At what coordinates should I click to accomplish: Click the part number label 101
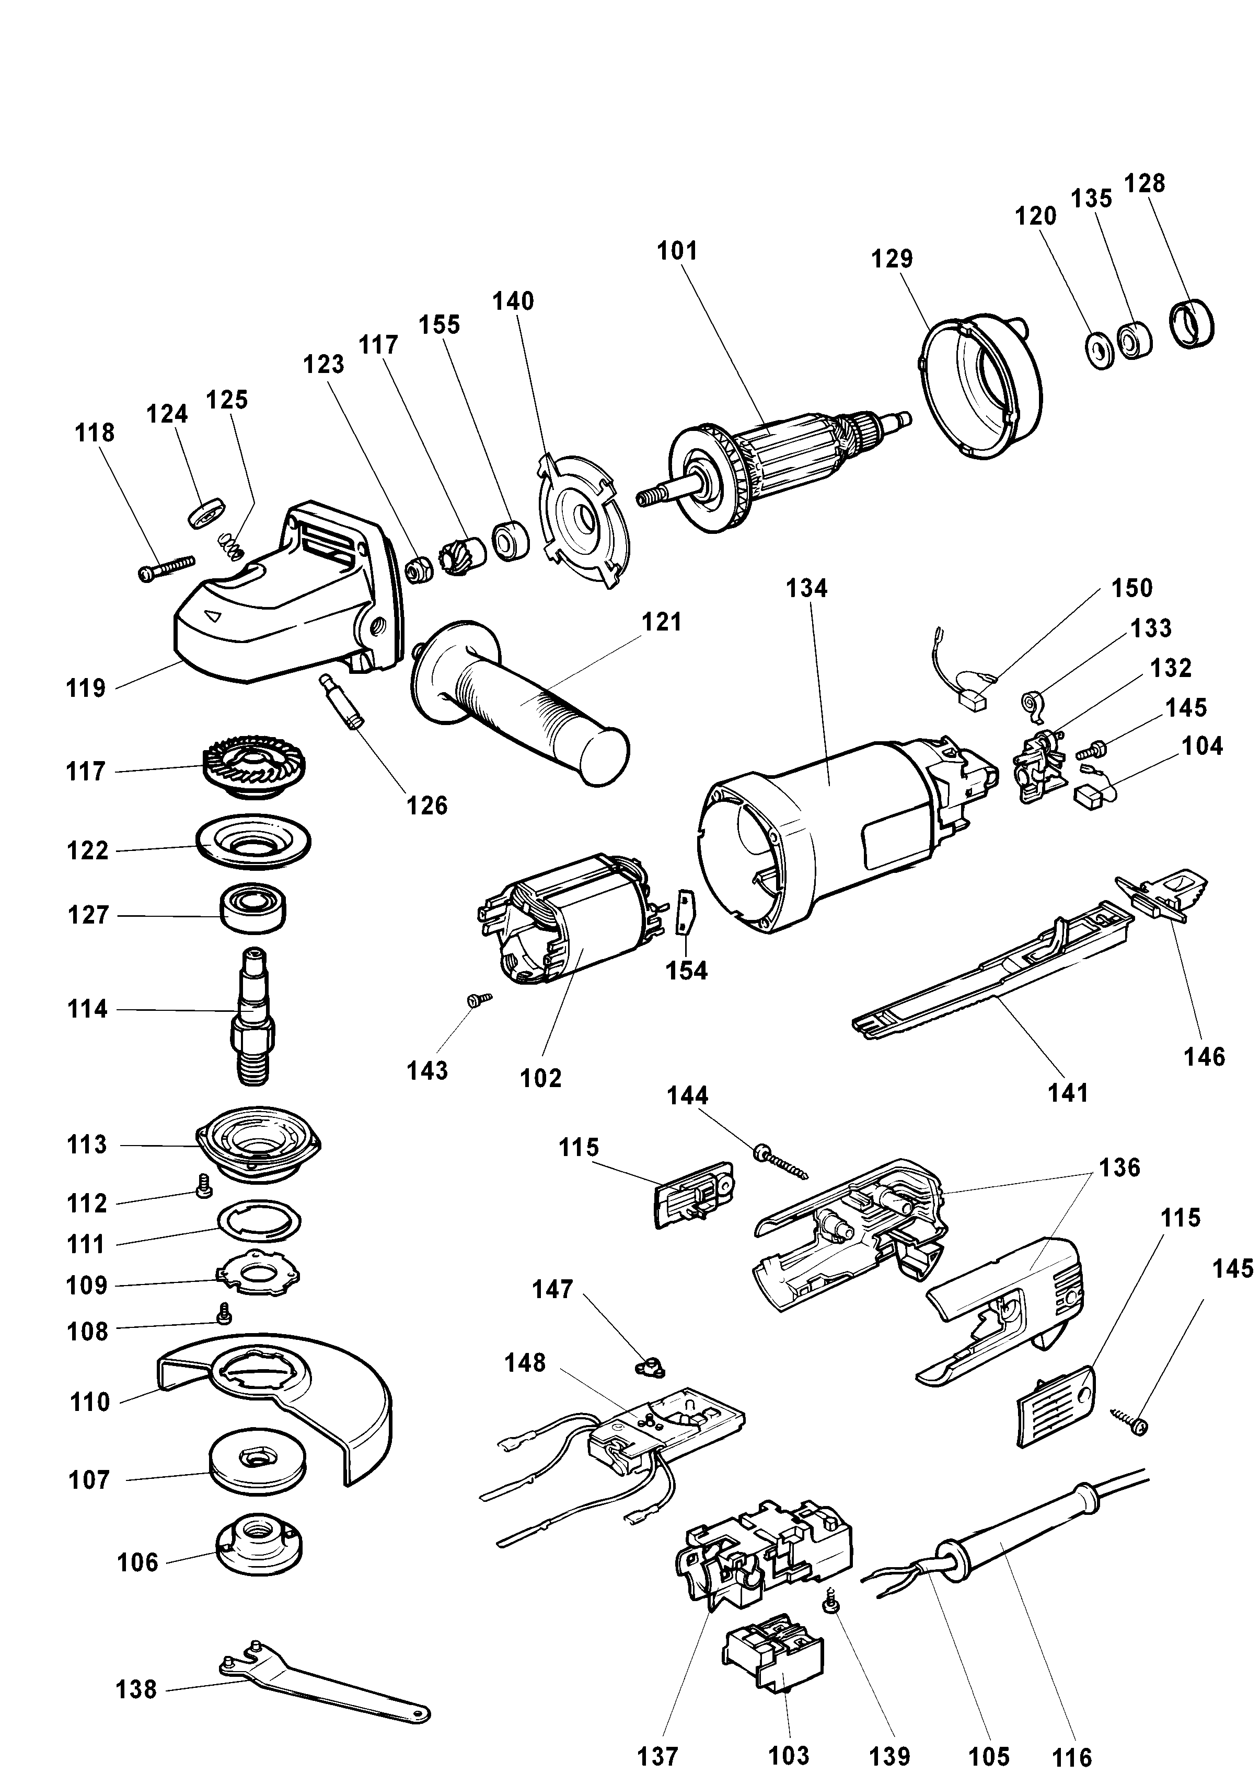(x=677, y=251)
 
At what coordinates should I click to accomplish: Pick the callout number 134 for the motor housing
(x=807, y=589)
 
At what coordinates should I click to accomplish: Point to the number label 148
(x=525, y=1362)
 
